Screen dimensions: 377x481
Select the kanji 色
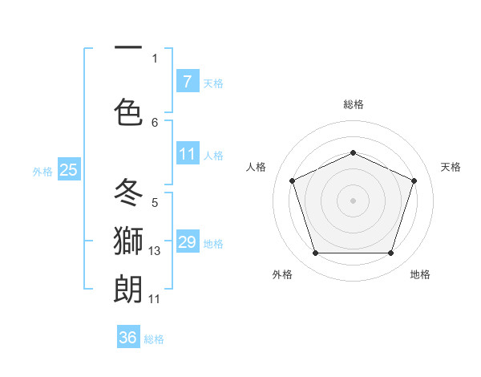click(129, 111)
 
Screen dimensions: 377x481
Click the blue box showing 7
click(187, 82)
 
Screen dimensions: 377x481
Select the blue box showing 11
click(187, 154)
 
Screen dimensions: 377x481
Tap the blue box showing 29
click(187, 242)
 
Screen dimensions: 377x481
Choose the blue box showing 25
click(68, 169)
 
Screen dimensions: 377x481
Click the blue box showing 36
click(128, 338)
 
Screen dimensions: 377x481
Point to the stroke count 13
click(155, 252)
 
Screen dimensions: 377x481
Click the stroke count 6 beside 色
click(155, 122)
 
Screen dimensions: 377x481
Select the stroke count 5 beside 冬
click(155, 203)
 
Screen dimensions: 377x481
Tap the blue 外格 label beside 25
click(42, 171)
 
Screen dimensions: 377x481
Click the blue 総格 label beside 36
click(154, 339)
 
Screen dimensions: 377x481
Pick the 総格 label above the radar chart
click(353, 104)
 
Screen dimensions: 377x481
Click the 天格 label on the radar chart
click(451, 167)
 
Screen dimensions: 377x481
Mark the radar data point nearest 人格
click(292, 180)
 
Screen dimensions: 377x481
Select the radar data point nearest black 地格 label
click(390, 253)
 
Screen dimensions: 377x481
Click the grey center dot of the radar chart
click(353, 201)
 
